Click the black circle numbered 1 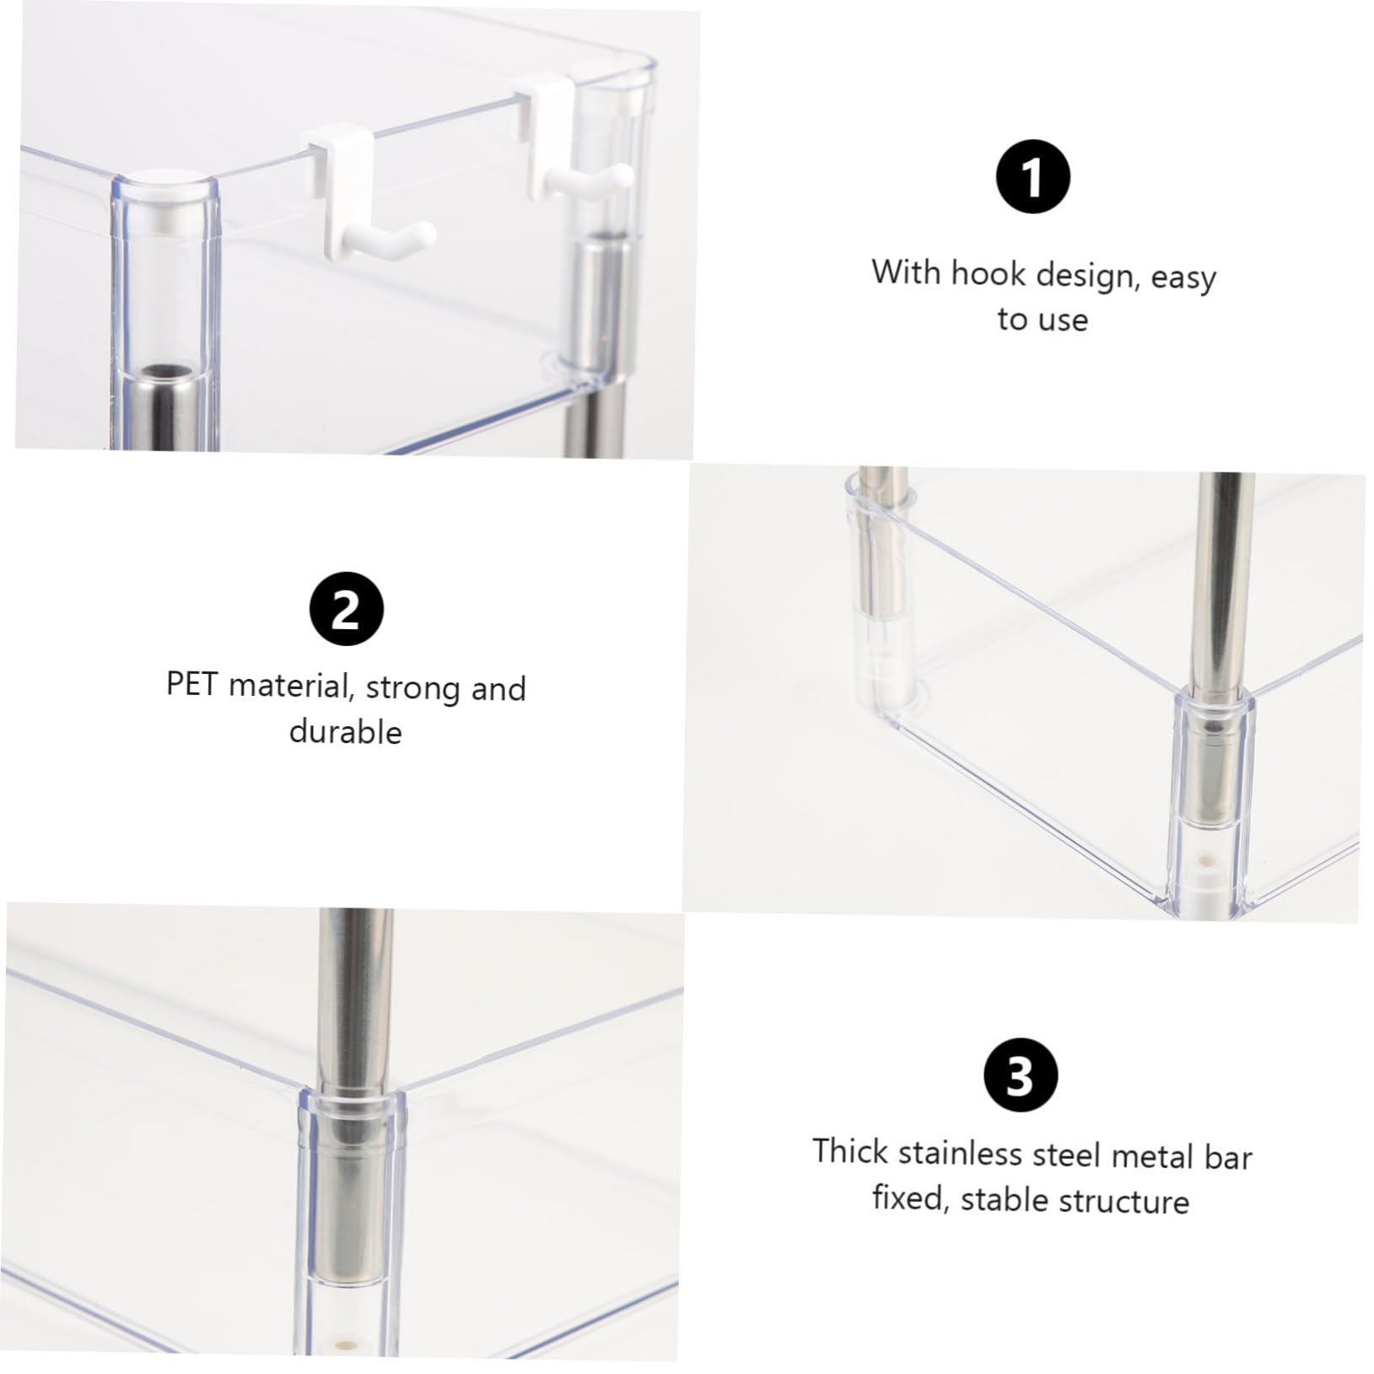(1033, 179)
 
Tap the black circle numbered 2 (346, 610)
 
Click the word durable (345, 731)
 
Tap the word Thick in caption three (850, 1151)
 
